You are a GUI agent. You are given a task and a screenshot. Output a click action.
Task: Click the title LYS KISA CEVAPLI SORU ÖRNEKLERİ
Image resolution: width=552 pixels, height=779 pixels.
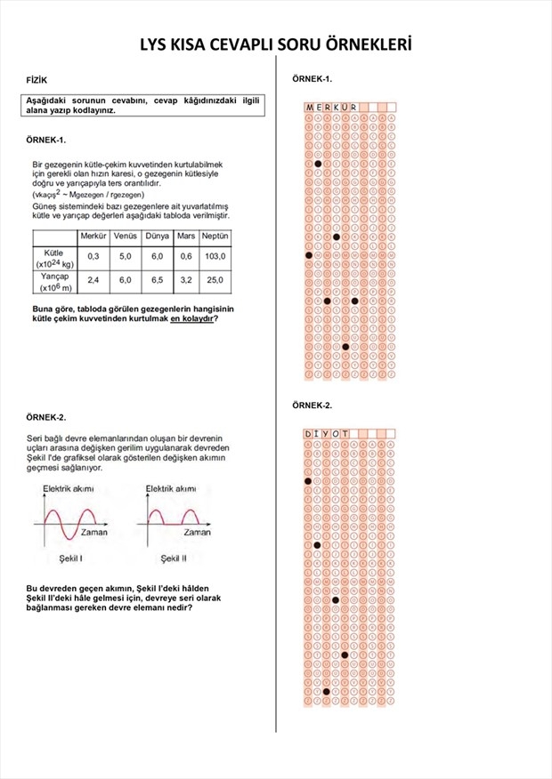click(x=276, y=45)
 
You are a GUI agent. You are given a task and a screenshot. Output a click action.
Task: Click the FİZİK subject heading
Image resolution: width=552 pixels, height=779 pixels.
click(x=37, y=81)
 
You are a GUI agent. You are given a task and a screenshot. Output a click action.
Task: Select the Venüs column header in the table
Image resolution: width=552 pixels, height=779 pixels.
click(x=125, y=236)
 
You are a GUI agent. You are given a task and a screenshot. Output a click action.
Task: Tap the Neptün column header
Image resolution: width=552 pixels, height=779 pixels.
click(x=215, y=236)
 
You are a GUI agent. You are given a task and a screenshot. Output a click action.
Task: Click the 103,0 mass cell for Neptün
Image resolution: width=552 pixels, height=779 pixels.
click(x=215, y=256)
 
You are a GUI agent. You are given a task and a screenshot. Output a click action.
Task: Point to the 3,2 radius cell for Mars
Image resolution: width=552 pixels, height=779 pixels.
click(x=185, y=280)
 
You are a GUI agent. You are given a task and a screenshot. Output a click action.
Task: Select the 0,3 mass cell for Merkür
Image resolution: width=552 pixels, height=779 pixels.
click(x=93, y=256)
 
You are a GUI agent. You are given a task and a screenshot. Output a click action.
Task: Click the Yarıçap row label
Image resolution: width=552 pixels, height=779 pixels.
click(x=54, y=281)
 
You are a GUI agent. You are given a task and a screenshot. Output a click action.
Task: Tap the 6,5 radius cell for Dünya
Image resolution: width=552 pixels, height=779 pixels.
click(x=157, y=280)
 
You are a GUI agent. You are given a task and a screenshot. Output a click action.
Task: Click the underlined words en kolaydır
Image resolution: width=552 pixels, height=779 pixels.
click(x=191, y=318)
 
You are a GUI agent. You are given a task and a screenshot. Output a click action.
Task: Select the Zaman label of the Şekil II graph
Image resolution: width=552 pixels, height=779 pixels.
click(x=197, y=533)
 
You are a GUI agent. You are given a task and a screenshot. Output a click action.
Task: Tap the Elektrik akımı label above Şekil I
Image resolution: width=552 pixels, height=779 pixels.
click(x=69, y=489)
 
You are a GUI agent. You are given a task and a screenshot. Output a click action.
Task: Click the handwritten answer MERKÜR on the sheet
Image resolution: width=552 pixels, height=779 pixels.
click(x=332, y=108)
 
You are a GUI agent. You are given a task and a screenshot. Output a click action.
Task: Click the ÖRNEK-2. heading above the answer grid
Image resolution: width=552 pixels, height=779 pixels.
click(x=312, y=406)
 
